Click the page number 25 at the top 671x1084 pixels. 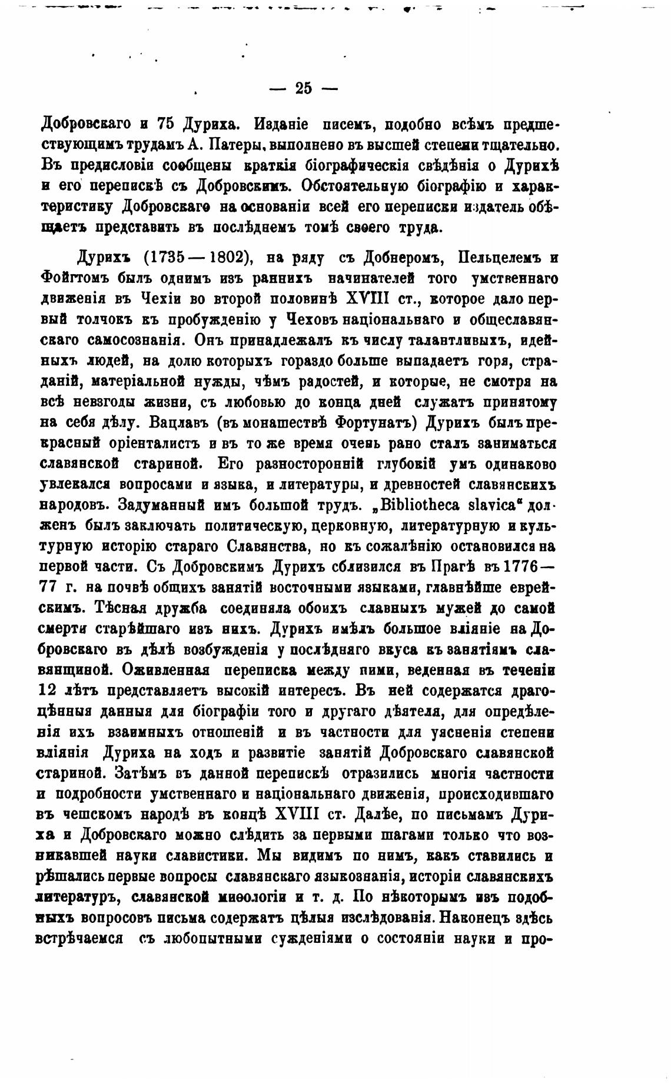tap(303, 89)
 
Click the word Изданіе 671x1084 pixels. tap(280, 124)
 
